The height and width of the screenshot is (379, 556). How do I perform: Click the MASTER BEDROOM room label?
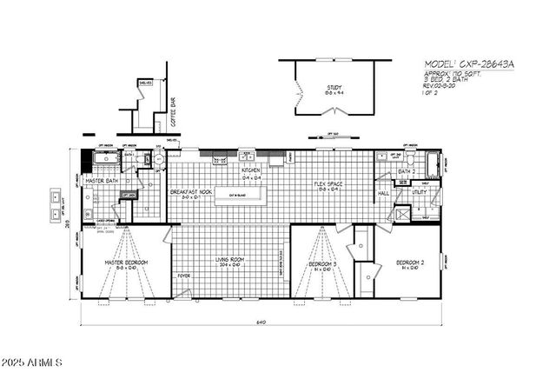click(126, 262)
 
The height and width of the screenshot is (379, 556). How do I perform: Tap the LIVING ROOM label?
click(231, 260)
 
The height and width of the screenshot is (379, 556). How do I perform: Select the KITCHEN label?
click(251, 170)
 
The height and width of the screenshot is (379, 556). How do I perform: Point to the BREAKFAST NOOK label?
click(191, 191)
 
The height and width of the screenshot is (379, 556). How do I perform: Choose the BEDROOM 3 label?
click(322, 263)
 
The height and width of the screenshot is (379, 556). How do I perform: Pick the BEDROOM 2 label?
click(409, 262)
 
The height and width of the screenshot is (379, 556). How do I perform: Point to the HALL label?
click(382, 194)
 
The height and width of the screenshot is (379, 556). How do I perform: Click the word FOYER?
click(183, 276)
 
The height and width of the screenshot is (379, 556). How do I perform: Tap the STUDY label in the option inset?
click(334, 87)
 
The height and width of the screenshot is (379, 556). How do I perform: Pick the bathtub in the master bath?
click(102, 158)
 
